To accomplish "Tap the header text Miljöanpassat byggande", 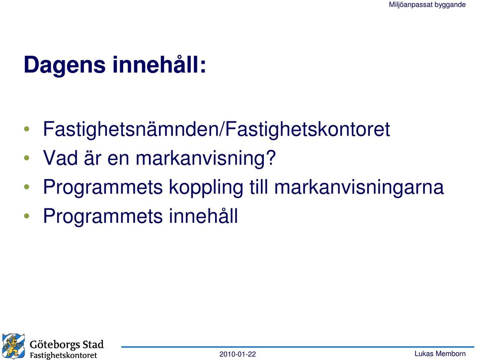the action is pos(427,5).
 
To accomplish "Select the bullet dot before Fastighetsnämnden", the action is pos(27,129).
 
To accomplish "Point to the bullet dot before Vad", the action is pos(27,158).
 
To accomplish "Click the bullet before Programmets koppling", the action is pos(27,187).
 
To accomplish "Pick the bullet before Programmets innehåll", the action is pos(27,216).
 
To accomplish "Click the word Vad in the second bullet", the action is pos(60,158).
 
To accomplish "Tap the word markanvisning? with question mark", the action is pos(206,159).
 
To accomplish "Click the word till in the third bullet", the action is pos(258,186).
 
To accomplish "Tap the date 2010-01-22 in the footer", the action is pos(238,354).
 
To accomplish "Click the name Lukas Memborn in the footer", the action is pos(440,354).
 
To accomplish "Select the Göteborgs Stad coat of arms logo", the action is pos(14,346).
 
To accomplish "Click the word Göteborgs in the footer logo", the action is pos(55,345).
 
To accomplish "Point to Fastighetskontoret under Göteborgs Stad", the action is pos(63,356).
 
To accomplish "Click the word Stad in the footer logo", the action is pos(93,344).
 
